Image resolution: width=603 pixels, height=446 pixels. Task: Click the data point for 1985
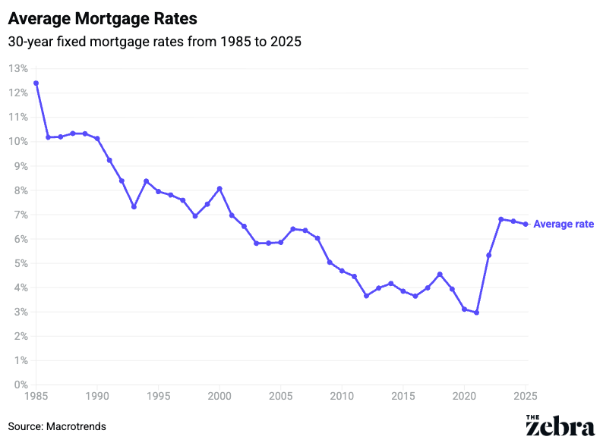(36, 83)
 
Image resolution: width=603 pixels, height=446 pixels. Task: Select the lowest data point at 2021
(476, 313)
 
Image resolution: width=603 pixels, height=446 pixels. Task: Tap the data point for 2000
(219, 188)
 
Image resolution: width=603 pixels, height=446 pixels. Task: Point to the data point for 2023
(501, 219)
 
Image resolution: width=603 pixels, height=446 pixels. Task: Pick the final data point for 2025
(526, 224)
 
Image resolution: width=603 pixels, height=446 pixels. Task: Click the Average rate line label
(564, 225)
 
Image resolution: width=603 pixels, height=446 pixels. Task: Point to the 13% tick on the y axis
(18, 68)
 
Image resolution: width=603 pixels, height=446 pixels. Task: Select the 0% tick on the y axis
(21, 385)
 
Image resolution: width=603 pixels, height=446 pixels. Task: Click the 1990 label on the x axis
(97, 397)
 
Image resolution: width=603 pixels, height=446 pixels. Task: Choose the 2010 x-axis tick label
(342, 397)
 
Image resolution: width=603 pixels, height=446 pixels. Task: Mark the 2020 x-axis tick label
(464, 397)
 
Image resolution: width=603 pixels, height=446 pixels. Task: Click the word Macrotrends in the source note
(76, 426)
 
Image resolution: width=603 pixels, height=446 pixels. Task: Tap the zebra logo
(560, 426)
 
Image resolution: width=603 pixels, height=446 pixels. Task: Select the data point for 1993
(134, 206)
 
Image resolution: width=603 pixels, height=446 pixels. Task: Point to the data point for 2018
(440, 274)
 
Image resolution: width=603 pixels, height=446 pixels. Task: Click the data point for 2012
(366, 296)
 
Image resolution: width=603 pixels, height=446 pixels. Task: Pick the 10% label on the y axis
(18, 141)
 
